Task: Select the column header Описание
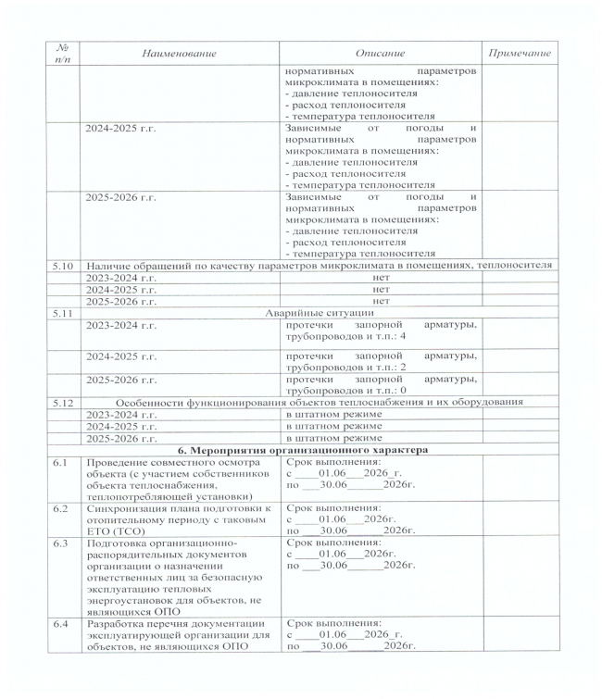pyautogui.click(x=380, y=53)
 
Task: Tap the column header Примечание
pyautogui.click(x=519, y=53)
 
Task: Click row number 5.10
pyautogui.click(x=64, y=265)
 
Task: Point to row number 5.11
pyautogui.click(x=64, y=313)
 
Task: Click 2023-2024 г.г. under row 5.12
pyautogui.click(x=119, y=414)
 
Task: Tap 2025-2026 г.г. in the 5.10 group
pyautogui.click(x=119, y=301)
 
